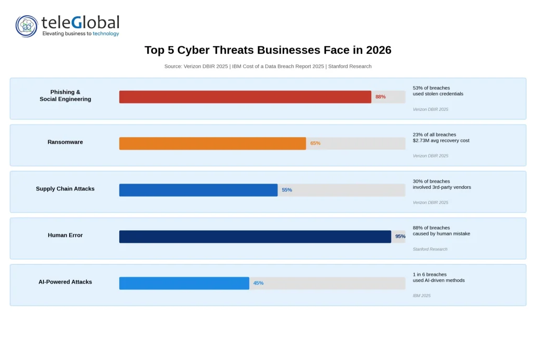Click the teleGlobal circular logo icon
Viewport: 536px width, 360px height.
pos(27,26)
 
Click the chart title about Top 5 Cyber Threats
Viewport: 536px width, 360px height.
pos(267,50)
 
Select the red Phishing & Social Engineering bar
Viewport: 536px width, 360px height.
pos(245,97)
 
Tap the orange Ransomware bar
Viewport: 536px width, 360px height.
pos(213,143)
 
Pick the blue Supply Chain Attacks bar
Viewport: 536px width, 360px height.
pos(198,190)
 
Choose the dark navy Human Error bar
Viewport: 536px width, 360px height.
pos(255,237)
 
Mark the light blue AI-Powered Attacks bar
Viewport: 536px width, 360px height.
pos(184,283)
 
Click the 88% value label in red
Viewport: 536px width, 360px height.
pos(381,97)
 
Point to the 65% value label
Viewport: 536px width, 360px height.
pos(315,143)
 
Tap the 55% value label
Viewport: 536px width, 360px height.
pos(287,190)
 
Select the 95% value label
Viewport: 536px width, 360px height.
pos(400,237)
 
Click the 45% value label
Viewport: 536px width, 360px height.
pos(258,283)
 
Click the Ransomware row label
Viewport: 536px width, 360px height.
pos(65,142)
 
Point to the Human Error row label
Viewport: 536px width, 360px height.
pos(65,235)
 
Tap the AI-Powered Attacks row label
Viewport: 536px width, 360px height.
pos(65,282)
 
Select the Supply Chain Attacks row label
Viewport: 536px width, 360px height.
pos(65,189)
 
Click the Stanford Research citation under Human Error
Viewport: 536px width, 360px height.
pos(430,249)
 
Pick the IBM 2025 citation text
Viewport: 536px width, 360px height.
pos(421,296)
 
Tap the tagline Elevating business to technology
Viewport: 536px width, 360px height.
pos(81,33)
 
